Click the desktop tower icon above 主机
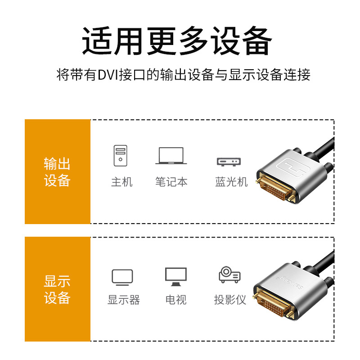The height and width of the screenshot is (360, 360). point(120,155)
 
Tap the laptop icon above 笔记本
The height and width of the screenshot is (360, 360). point(171,156)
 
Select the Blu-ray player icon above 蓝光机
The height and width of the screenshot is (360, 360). point(229,162)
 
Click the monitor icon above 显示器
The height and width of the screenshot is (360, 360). point(122,277)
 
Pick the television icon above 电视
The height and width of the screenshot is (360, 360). point(176,277)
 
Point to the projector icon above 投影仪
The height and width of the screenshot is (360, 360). point(229,274)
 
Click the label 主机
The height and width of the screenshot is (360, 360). point(121,182)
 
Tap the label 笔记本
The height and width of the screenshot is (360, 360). point(171,182)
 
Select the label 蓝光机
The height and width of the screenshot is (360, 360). point(231,182)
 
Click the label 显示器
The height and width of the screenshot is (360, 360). point(124,300)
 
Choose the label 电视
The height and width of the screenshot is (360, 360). point(176,300)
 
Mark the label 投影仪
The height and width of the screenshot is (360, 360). point(230,300)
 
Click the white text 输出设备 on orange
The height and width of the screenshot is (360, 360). point(57,172)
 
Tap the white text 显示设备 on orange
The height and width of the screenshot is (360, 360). point(57,289)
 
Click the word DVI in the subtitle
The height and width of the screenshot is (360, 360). point(108,75)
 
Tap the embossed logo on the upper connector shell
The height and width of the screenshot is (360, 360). point(294,167)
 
